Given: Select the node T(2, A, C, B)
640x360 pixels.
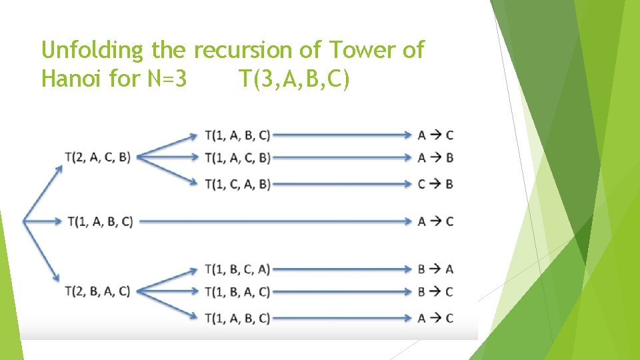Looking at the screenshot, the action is coord(98,157).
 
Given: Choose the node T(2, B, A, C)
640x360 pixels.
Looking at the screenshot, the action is coord(98,291).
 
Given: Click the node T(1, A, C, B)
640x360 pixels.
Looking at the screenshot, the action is coord(238,157).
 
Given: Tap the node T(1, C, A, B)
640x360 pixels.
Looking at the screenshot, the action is coord(238,183).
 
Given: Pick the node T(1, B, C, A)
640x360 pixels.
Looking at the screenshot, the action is coord(238,269).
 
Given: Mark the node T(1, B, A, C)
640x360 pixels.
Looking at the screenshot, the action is coord(238,291).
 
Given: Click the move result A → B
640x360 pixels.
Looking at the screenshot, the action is coord(435,157).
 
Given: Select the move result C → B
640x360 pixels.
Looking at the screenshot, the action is coord(435,183).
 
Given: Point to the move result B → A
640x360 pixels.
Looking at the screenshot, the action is coord(435,269).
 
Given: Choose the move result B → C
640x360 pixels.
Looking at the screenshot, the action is coord(435,291).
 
